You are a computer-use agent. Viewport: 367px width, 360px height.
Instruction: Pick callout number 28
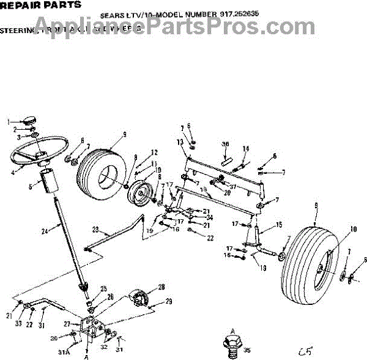[x=161, y=287]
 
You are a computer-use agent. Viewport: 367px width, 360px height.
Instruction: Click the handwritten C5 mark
[x=305, y=351]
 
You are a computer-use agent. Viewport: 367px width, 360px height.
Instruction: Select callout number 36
[x=225, y=144]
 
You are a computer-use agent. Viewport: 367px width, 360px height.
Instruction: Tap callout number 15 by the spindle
[x=278, y=225]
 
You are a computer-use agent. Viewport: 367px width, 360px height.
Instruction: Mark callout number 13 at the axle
[x=180, y=142]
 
